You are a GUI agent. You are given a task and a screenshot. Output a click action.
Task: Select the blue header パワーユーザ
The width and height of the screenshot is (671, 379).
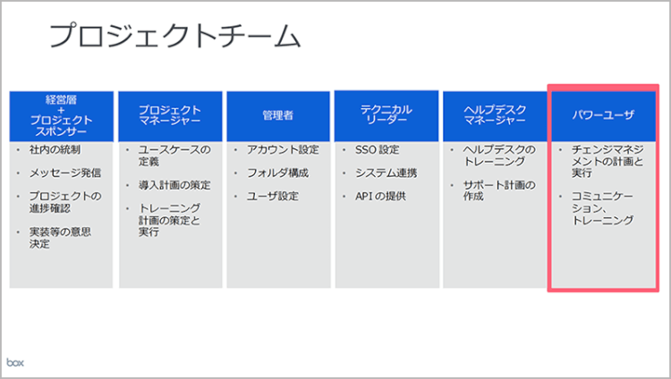tap(603, 115)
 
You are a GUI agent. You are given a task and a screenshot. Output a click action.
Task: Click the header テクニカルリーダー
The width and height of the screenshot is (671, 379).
tap(386, 115)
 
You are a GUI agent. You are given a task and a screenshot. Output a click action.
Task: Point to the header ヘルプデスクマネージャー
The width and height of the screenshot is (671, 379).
tap(495, 115)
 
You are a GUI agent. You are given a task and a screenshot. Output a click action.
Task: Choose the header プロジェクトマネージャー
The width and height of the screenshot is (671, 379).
tap(170, 115)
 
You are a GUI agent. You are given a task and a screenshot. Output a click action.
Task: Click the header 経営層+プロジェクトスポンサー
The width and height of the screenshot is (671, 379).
tap(62, 114)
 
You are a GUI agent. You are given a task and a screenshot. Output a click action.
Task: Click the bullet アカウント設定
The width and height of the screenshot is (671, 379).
tap(282, 149)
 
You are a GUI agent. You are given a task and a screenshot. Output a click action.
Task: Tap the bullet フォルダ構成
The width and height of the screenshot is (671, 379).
tap(276, 172)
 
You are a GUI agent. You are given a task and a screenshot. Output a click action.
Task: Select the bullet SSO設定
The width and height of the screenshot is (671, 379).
tap(377, 149)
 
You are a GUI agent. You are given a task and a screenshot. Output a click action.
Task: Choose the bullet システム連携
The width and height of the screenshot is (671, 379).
tap(386, 173)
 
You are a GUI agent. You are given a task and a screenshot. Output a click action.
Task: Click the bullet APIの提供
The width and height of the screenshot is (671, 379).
tap(379, 196)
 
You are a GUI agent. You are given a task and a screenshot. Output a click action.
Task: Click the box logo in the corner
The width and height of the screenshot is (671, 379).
tap(16, 362)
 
